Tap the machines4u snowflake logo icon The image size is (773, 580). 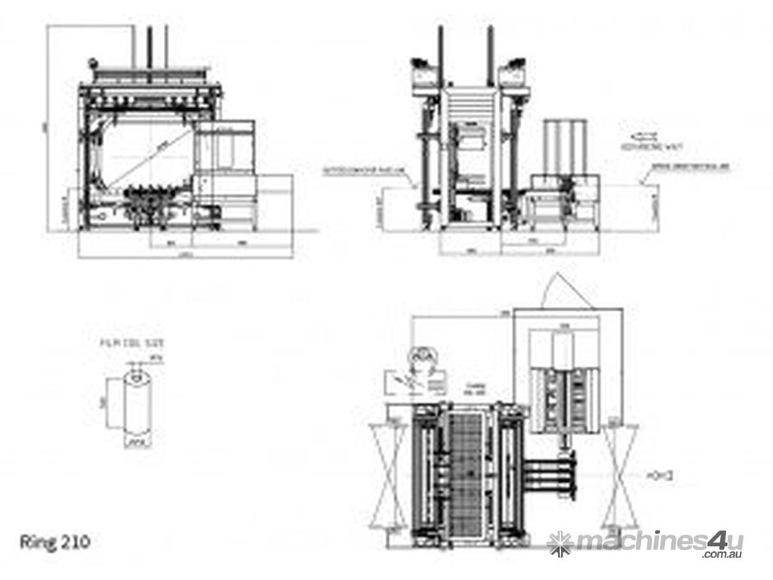(x=560, y=541)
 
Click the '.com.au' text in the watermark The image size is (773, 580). (x=722, y=555)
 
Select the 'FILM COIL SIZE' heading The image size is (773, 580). (x=134, y=343)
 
